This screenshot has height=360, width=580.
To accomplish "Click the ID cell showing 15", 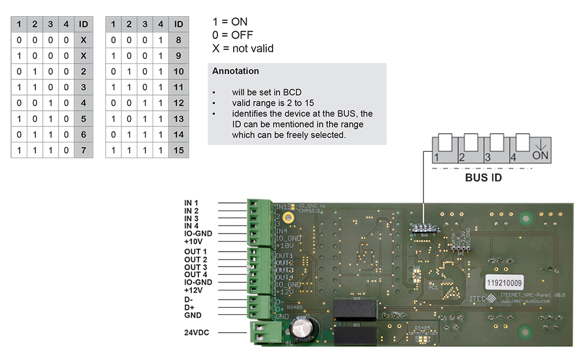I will pos(179,151).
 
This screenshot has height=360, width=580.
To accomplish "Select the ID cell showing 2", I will pos(84,71).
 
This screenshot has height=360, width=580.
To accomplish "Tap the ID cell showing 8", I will pos(179,40).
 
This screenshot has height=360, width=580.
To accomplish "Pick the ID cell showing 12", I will pos(179,103).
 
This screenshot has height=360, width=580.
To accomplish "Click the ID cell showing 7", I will pos(84,151).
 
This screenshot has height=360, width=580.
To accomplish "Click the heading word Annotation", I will pos(235,71).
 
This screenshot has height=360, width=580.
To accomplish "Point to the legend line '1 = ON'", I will pos(230,22).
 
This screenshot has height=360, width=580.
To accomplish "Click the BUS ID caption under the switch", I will pos(484,178).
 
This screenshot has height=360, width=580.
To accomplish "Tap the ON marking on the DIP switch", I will pos(541,156).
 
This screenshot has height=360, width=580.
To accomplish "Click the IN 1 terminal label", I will pos(191,203).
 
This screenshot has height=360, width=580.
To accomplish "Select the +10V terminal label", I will pos(194,241).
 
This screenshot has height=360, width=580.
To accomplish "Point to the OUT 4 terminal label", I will pos(195,274).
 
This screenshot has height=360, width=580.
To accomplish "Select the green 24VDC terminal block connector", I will pos(264,333).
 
